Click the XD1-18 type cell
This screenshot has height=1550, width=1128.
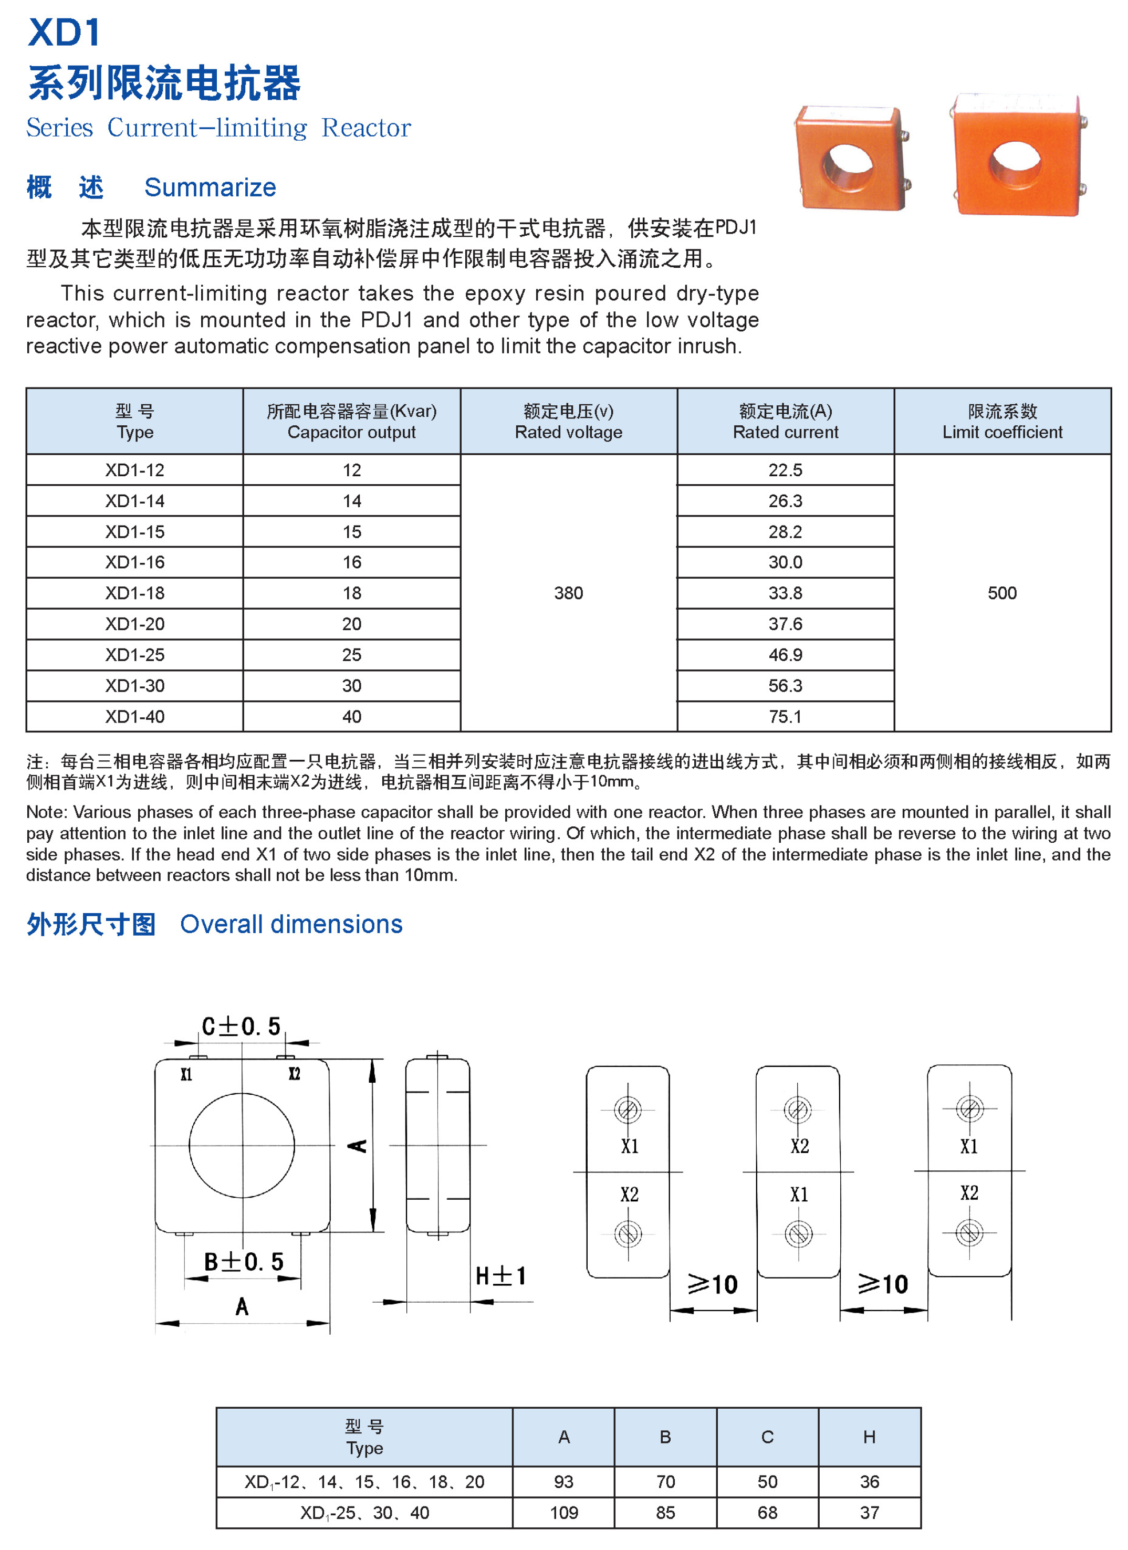(x=134, y=593)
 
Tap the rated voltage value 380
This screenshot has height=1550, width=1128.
(x=568, y=593)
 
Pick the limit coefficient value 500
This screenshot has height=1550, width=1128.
(x=1001, y=593)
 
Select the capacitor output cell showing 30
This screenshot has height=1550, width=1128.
(x=351, y=685)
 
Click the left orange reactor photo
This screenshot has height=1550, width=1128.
(x=851, y=159)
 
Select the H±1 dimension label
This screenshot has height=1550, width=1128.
(x=500, y=1276)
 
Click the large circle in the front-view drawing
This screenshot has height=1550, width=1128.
(x=242, y=1145)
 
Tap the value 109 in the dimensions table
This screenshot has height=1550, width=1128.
(x=563, y=1512)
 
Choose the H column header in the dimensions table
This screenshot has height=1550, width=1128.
(x=869, y=1437)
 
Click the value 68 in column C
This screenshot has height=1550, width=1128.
(x=767, y=1512)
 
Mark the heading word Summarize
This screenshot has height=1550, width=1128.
(x=210, y=187)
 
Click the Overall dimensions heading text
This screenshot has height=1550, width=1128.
(x=291, y=924)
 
